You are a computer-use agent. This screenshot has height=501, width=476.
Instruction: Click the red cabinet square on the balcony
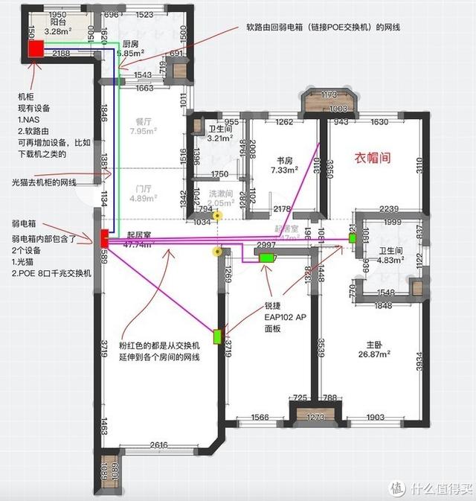pos(36,50)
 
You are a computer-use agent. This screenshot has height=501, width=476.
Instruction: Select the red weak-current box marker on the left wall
pos(104,237)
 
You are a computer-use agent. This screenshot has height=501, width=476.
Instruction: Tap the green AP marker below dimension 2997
pos(266,258)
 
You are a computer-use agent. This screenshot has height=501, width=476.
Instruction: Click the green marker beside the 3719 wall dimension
pos(218,336)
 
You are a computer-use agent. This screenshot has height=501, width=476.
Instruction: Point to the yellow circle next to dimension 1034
pos(216,217)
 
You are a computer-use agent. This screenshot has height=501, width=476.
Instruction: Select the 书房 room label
pos(283,159)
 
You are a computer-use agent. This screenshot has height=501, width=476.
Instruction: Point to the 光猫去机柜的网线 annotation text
pos(47,182)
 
